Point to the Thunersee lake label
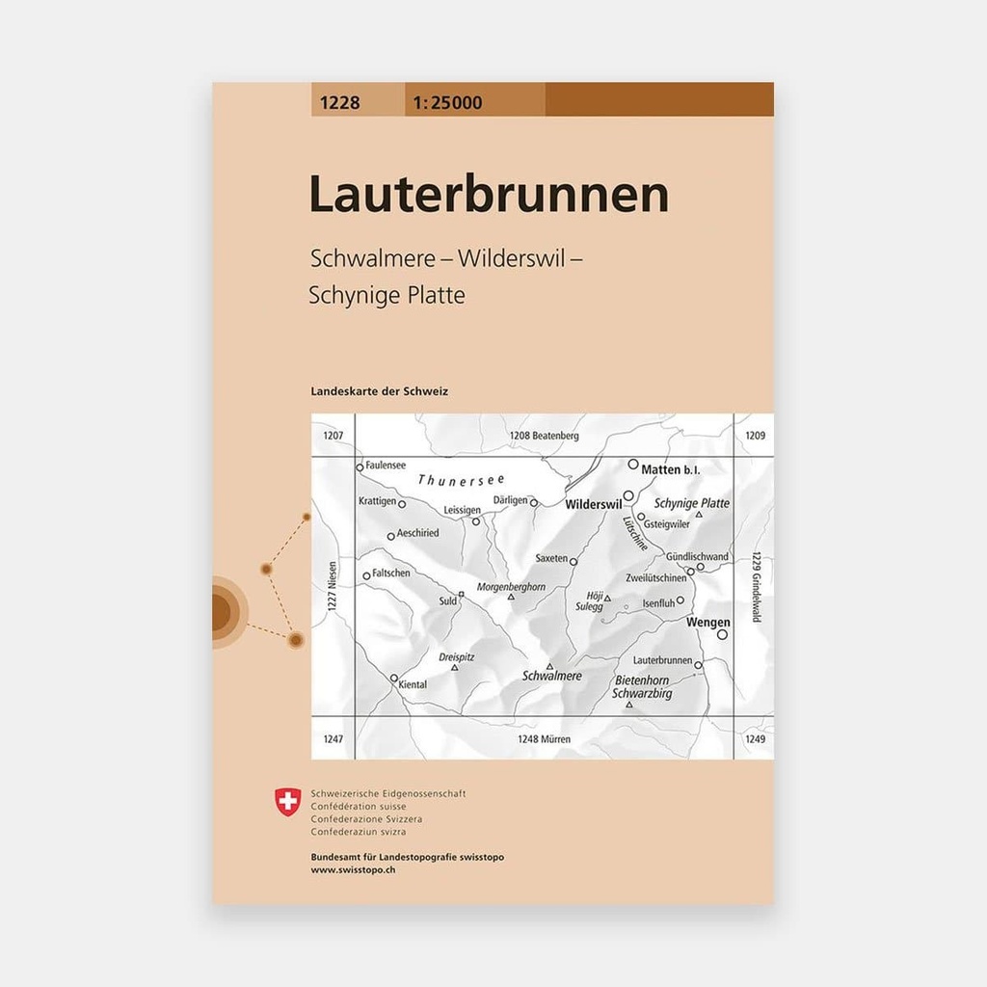click(462, 479)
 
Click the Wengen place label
click(707, 623)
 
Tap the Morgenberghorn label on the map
click(511, 586)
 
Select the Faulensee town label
click(386, 465)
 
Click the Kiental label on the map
click(412, 684)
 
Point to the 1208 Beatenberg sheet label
click(544, 436)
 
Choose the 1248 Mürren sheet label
click(544, 739)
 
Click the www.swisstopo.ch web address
click(353, 869)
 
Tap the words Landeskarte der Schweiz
click(380, 391)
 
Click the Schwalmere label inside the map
click(551, 677)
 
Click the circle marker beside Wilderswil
click(627, 495)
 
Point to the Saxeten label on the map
click(551, 558)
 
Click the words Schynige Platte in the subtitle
click(387, 296)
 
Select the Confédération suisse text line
click(358, 806)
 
